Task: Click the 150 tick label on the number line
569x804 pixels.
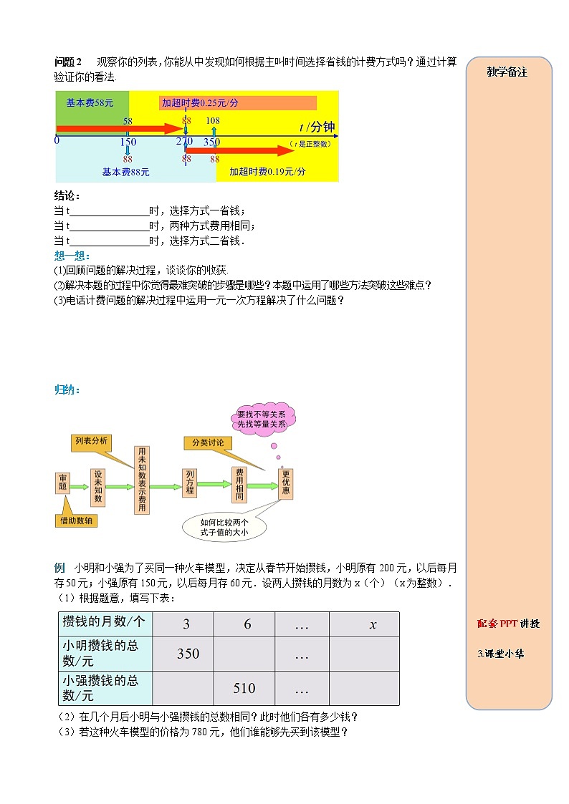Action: coord(128,142)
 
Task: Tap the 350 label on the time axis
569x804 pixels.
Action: coord(211,142)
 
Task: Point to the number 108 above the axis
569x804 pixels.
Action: coord(213,121)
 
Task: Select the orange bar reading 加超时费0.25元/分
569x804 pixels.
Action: coord(238,103)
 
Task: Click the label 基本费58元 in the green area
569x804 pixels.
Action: coord(90,103)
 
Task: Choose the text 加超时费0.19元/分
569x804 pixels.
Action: coord(267,172)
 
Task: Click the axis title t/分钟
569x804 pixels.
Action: coord(317,127)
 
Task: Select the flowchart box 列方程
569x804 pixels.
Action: coord(190,483)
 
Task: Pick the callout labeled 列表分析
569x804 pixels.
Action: coord(91,442)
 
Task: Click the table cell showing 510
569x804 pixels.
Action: coord(244,689)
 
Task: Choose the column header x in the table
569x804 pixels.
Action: coord(373,624)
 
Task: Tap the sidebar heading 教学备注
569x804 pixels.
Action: coord(507,72)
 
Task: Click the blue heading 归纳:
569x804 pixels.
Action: coord(67,390)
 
